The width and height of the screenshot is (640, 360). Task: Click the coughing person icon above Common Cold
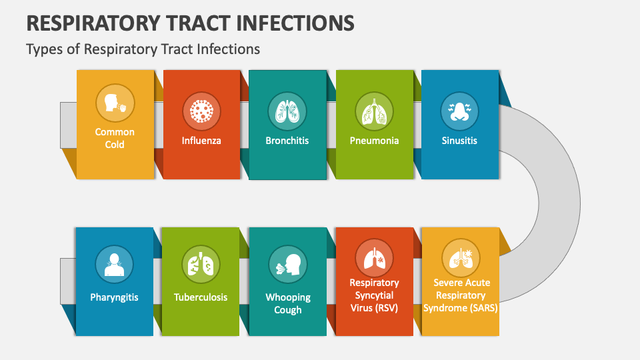click(115, 103)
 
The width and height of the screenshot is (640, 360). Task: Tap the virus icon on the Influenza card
click(201, 111)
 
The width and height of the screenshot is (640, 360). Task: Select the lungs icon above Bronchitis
click(287, 111)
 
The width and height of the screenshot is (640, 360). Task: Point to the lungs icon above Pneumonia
click(374, 111)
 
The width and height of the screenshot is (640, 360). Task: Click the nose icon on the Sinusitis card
click(459, 111)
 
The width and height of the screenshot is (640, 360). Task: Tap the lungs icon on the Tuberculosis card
click(201, 265)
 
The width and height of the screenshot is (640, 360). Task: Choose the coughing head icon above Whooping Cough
click(287, 265)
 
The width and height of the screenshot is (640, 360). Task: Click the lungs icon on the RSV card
click(374, 258)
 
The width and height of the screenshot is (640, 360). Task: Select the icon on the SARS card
click(461, 258)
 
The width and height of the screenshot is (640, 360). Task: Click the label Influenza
click(201, 141)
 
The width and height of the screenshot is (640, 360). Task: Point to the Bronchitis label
click(287, 141)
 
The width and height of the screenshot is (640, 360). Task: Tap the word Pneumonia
click(374, 141)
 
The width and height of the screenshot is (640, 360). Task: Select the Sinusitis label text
click(459, 141)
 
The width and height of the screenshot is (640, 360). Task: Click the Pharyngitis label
click(114, 297)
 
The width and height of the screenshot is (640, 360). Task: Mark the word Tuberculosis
click(201, 297)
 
